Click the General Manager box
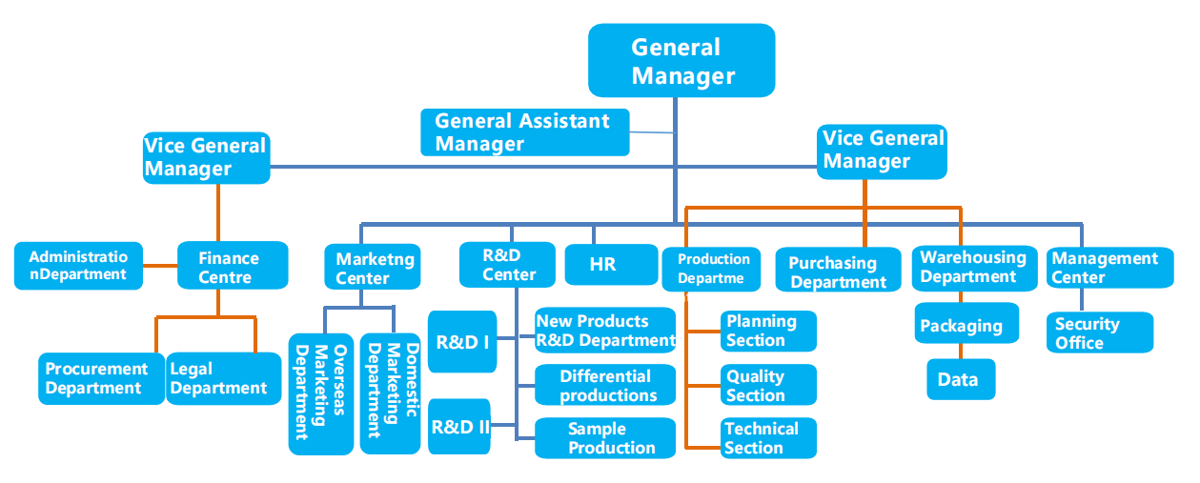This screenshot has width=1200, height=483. click(681, 60)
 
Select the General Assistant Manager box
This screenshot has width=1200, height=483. click(525, 132)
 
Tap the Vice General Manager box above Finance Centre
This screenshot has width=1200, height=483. click(206, 158)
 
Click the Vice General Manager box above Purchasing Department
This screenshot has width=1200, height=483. click(882, 152)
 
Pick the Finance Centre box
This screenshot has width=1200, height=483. click(233, 266)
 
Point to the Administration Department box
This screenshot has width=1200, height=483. click(78, 266)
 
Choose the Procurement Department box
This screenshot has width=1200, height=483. click(101, 378)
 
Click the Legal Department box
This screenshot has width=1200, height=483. click(224, 378)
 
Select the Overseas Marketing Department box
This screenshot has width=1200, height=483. click(321, 394)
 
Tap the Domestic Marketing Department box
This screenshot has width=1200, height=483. click(391, 394)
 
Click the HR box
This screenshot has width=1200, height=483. click(611, 265)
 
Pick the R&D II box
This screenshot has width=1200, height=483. click(459, 426)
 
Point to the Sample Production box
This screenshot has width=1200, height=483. click(605, 438)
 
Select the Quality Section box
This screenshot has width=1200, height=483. click(769, 385)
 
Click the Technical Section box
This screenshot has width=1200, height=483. click(769, 438)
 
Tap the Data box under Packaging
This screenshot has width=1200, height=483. click(961, 379)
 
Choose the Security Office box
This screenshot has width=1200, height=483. click(1100, 332)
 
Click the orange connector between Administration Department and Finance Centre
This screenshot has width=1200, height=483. click(160, 266)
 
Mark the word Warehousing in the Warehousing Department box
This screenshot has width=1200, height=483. click(973, 257)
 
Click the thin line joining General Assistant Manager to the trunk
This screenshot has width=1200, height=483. click(651, 131)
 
